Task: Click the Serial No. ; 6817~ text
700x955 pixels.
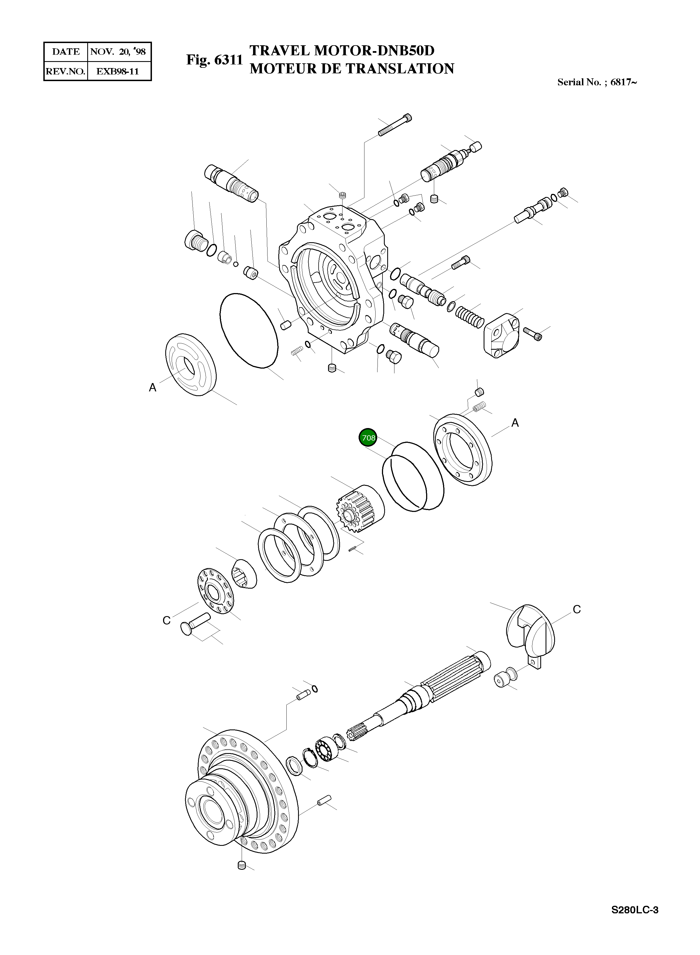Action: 597,82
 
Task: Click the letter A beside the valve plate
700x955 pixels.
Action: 152,387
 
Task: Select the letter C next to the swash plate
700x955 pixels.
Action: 577,609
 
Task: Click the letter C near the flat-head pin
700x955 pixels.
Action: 166,620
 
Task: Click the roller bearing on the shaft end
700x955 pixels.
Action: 327,750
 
